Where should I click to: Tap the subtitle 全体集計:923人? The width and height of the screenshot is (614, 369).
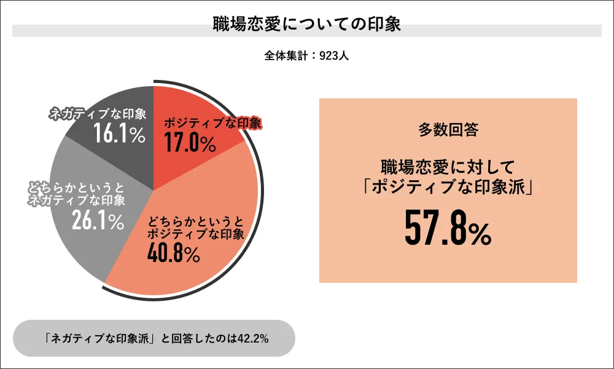click(x=306, y=55)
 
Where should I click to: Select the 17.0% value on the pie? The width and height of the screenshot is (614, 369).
click(x=190, y=143)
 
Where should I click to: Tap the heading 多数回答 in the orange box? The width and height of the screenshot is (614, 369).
click(x=448, y=130)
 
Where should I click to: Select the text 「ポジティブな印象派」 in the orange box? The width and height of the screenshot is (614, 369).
click(x=448, y=186)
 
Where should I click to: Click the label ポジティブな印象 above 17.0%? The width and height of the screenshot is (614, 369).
click(x=212, y=123)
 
